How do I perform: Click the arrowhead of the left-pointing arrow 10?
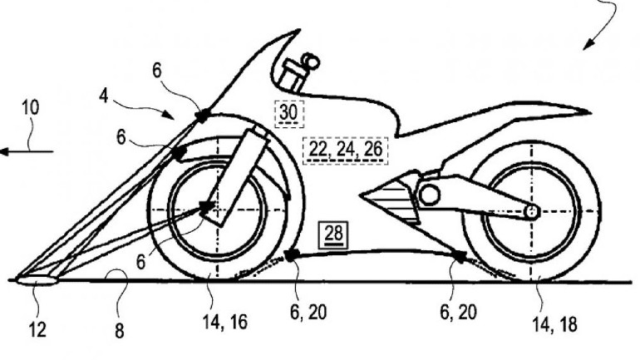5,151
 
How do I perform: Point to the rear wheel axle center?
529,212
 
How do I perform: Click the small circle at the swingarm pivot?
430,195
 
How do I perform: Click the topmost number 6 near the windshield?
157,72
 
